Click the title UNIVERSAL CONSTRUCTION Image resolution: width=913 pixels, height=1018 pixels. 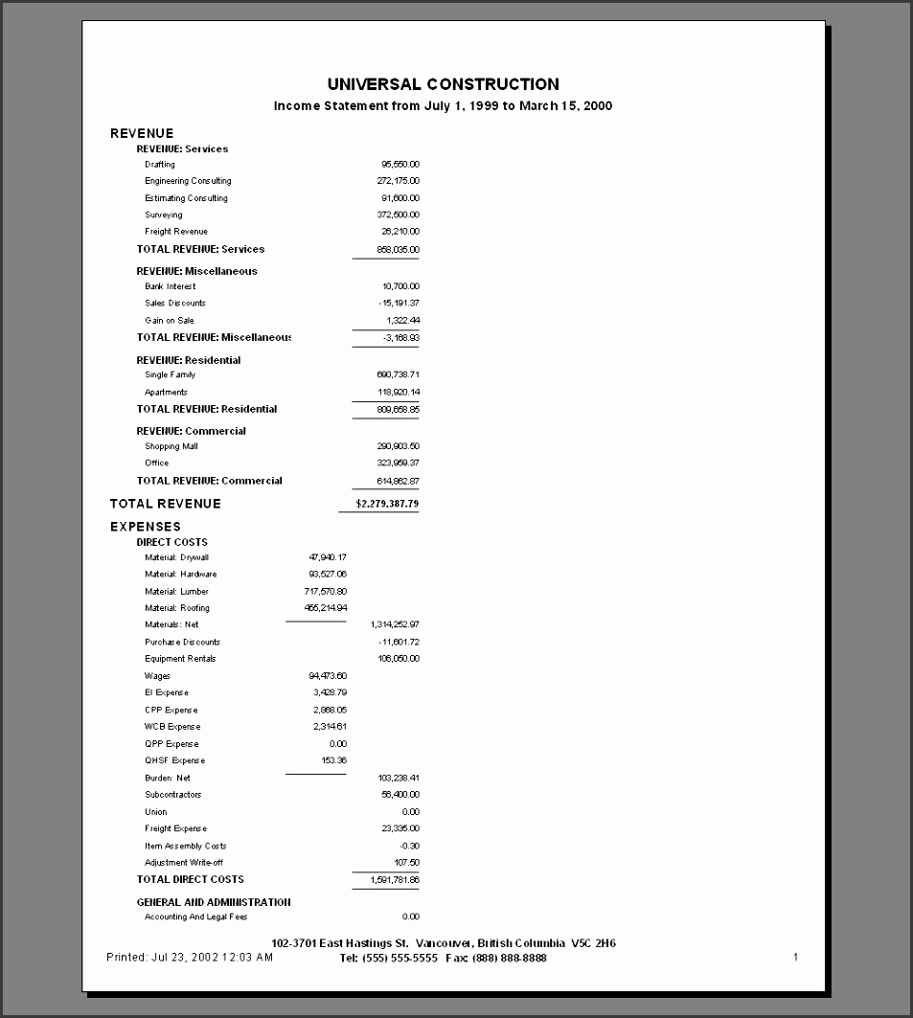click(443, 84)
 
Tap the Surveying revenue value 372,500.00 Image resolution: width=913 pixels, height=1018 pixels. click(398, 215)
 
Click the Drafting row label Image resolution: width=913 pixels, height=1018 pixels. click(160, 165)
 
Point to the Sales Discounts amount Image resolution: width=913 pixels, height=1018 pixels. click(399, 304)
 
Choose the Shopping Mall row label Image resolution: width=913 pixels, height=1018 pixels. click(171, 446)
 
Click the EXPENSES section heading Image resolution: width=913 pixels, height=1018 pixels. click(146, 527)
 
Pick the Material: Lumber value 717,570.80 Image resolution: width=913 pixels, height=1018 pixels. click(326, 592)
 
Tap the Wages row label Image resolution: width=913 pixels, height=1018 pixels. click(158, 676)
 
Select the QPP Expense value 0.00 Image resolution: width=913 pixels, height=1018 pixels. click(337, 744)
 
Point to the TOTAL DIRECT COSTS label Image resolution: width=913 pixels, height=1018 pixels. click(191, 879)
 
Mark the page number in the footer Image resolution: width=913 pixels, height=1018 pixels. click(795, 957)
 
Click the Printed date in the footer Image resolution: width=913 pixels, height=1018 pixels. click(190, 957)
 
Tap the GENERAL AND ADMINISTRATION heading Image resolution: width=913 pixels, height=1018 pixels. click(214, 902)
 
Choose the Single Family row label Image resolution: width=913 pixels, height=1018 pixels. click(171, 375)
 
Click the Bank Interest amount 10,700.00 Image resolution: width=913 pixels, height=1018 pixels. click(400, 286)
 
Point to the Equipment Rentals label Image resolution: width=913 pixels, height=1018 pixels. click(180, 659)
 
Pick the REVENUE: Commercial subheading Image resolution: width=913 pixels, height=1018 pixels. click(192, 431)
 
